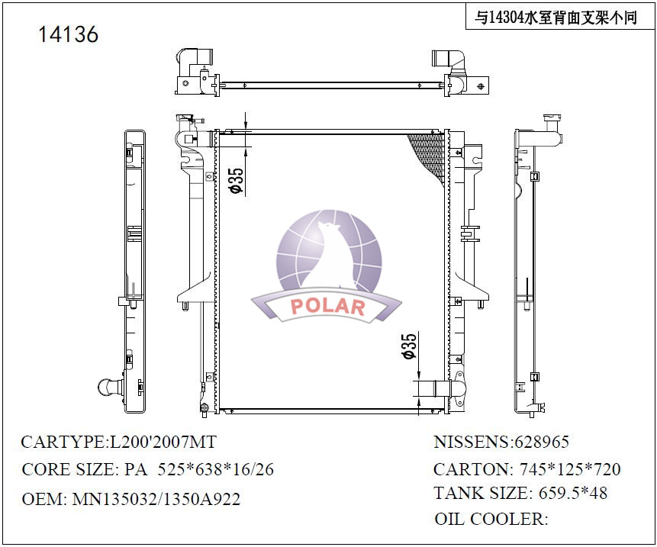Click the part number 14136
(x=69, y=34)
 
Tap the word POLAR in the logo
(x=327, y=307)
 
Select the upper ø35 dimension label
(x=236, y=181)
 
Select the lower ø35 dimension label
(x=409, y=346)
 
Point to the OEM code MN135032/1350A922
(x=156, y=499)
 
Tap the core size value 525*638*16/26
(x=215, y=469)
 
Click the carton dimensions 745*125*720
(x=570, y=469)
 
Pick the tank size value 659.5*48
(x=573, y=493)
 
